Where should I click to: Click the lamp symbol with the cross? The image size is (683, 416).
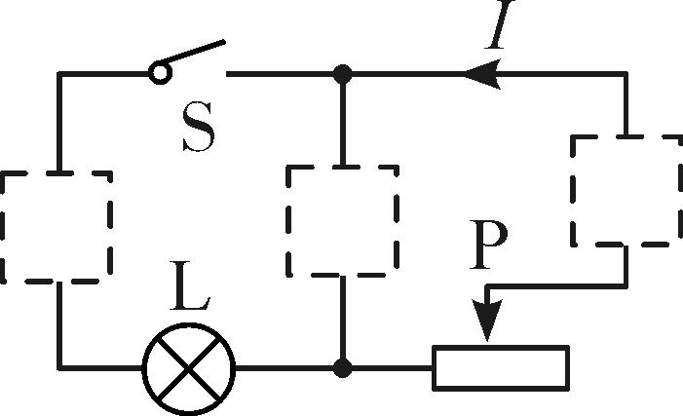pos(189,369)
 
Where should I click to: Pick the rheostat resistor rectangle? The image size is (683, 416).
pos(500,368)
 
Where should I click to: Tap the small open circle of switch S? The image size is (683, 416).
pos(158,72)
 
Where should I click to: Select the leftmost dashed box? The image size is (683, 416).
pos(56,226)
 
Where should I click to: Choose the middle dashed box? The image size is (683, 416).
pos(341,220)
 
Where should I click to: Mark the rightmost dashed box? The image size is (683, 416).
pos(625,191)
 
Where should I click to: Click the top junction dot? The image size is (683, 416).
pos(342,73)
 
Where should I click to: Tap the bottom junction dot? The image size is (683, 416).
pos(342,368)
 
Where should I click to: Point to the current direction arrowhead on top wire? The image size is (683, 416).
pos(482,74)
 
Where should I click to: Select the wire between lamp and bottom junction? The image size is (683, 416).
pos(287,368)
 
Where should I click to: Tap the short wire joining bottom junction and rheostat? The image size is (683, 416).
pos(390,368)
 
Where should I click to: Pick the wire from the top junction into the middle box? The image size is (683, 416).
pos(342,117)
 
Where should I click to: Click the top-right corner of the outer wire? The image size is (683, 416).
pos(625,74)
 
